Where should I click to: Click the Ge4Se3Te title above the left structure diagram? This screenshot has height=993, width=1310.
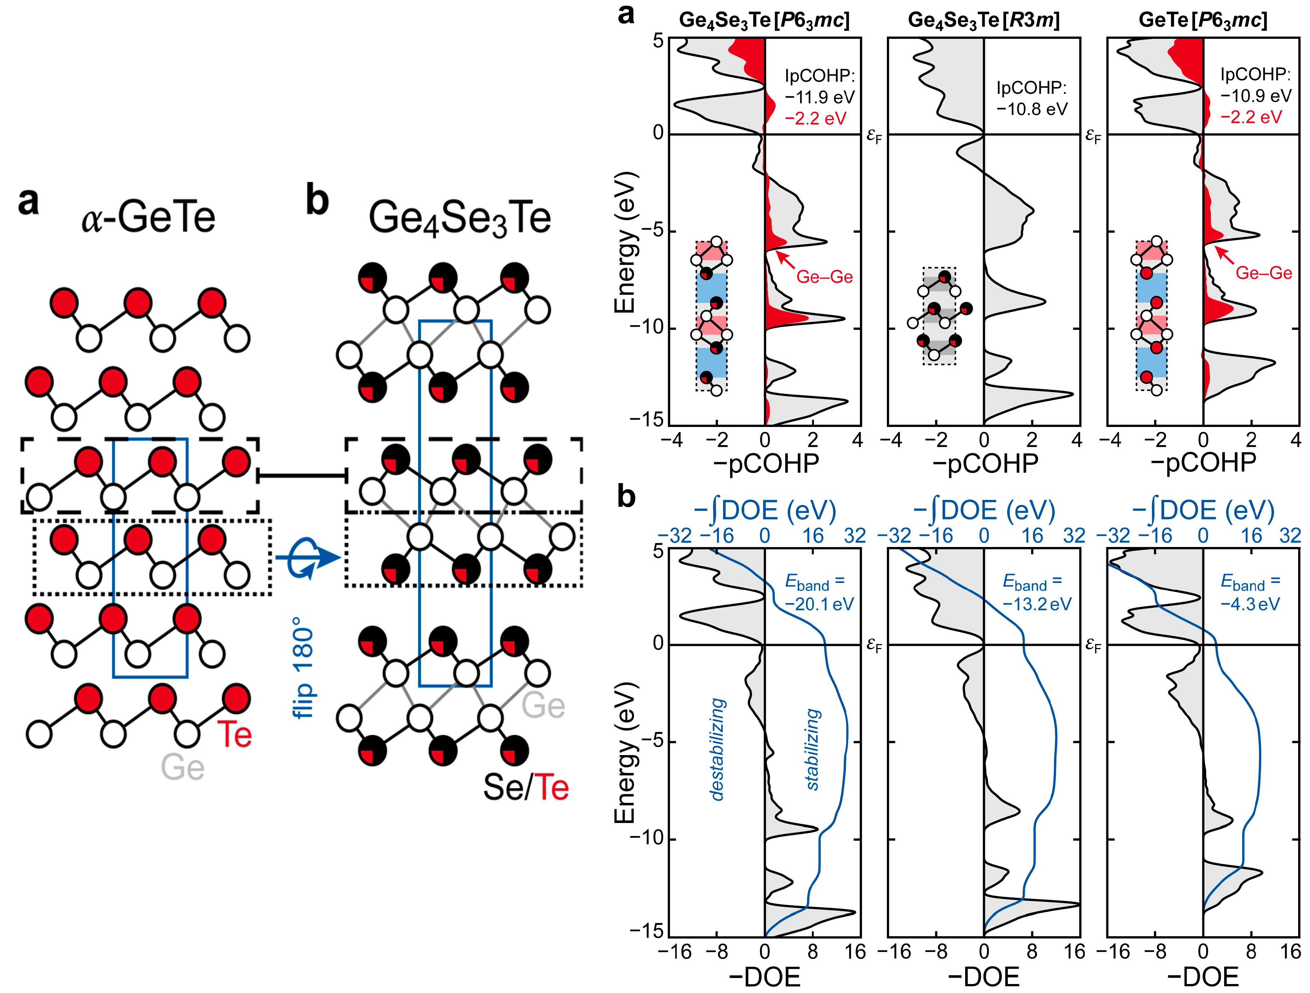click(459, 218)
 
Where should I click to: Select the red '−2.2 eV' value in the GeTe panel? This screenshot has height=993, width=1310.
click(1251, 117)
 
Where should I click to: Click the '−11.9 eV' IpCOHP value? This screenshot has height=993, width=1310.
click(820, 97)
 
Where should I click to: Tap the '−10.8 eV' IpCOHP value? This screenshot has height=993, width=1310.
click(1032, 109)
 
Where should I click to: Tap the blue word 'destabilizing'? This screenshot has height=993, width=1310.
click(718, 749)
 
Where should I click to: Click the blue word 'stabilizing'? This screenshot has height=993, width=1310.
click(813, 749)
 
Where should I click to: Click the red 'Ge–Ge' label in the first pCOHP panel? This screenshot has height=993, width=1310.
click(824, 277)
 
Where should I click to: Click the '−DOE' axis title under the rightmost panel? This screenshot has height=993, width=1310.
click(1203, 977)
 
